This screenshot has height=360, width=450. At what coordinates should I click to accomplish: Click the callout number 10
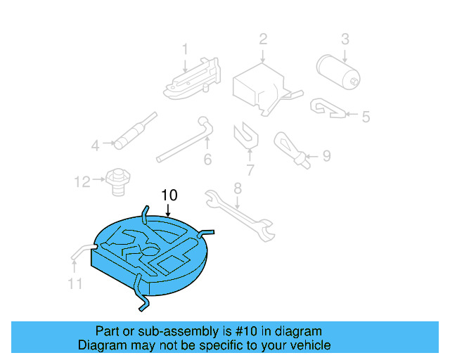pos(169,195)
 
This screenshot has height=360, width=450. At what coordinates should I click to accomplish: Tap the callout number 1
pos(185,49)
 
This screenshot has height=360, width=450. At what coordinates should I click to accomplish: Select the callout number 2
pos(263,39)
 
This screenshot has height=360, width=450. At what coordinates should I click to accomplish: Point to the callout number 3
pos(345,39)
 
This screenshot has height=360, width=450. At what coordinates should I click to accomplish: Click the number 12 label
pos(82,182)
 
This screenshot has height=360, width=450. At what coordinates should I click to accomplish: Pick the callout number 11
pos(75,283)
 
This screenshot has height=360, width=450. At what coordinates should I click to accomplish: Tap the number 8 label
pos(238,188)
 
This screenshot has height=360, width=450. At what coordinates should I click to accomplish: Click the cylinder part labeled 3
pos(338,72)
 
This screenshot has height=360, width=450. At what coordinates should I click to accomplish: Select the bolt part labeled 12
pos(118,182)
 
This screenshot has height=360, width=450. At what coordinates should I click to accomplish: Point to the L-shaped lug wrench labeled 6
pos(185,140)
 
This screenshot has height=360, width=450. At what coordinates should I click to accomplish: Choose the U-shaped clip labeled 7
pos(246,135)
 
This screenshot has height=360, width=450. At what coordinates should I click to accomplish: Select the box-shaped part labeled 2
pos(267,89)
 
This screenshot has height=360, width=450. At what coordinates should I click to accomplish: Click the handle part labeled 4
pos(136,131)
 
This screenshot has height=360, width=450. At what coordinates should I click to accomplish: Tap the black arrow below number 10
pos(168,210)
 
